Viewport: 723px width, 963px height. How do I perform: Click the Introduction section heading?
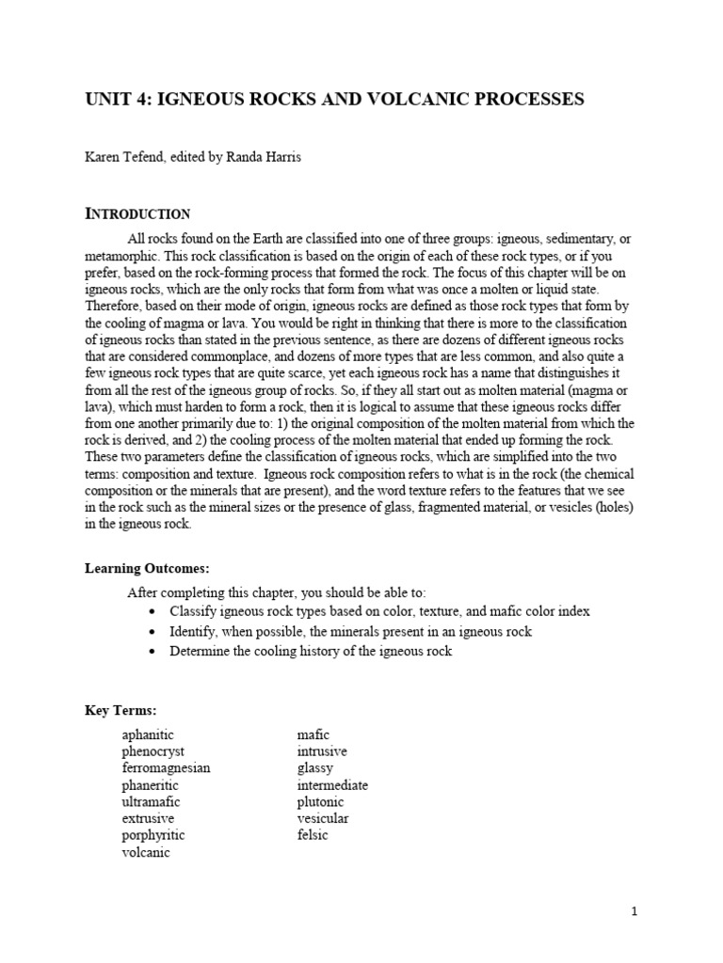[137, 213]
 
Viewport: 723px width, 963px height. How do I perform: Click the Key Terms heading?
[120, 710]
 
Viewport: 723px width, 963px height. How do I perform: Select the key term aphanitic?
[148, 734]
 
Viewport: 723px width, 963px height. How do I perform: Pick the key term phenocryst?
[153, 750]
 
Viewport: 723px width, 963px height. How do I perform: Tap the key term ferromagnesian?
[166, 767]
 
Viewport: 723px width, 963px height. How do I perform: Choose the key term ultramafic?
[151, 801]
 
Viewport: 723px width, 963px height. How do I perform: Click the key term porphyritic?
[153, 835]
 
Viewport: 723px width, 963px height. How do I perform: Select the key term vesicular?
[323, 818]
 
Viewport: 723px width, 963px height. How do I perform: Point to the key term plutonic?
[320, 801]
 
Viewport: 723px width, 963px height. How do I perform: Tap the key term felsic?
[313, 835]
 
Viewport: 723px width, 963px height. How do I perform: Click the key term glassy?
[314, 767]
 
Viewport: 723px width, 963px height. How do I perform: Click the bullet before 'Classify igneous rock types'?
[153, 611]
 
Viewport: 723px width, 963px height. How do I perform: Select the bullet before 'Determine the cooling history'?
[153, 651]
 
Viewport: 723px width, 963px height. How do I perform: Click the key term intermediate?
[332, 784]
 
